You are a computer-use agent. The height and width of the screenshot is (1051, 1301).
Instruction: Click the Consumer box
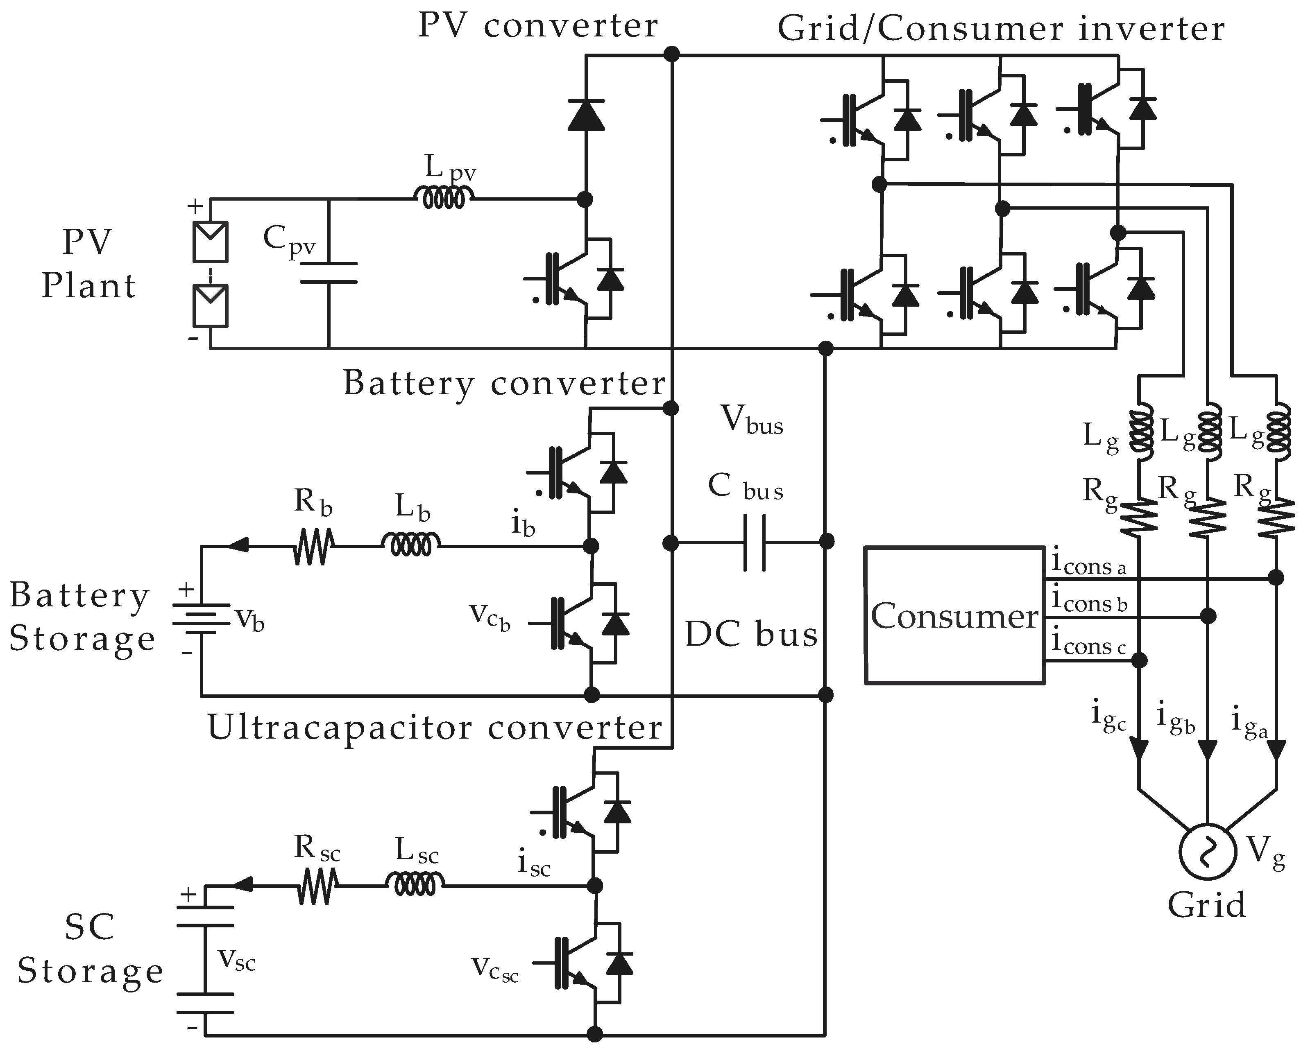(x=954, y=616)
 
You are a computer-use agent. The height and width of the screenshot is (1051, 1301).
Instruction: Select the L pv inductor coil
(x=444, y=197)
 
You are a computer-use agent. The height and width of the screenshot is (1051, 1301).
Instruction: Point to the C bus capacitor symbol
(x=755, y=542)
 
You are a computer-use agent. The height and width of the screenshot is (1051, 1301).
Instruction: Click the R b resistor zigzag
(x=313, y=547)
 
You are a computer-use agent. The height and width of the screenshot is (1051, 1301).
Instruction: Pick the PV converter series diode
(x=586, y=115)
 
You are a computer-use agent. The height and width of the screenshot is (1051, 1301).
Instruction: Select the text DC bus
(x=751, y=635)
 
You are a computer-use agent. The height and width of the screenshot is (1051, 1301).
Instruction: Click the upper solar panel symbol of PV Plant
(x=210, y=242)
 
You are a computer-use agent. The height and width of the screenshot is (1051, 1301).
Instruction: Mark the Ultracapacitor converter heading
(x=435, y=727)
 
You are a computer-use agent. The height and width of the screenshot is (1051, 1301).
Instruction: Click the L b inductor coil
(x=410, y=545)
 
